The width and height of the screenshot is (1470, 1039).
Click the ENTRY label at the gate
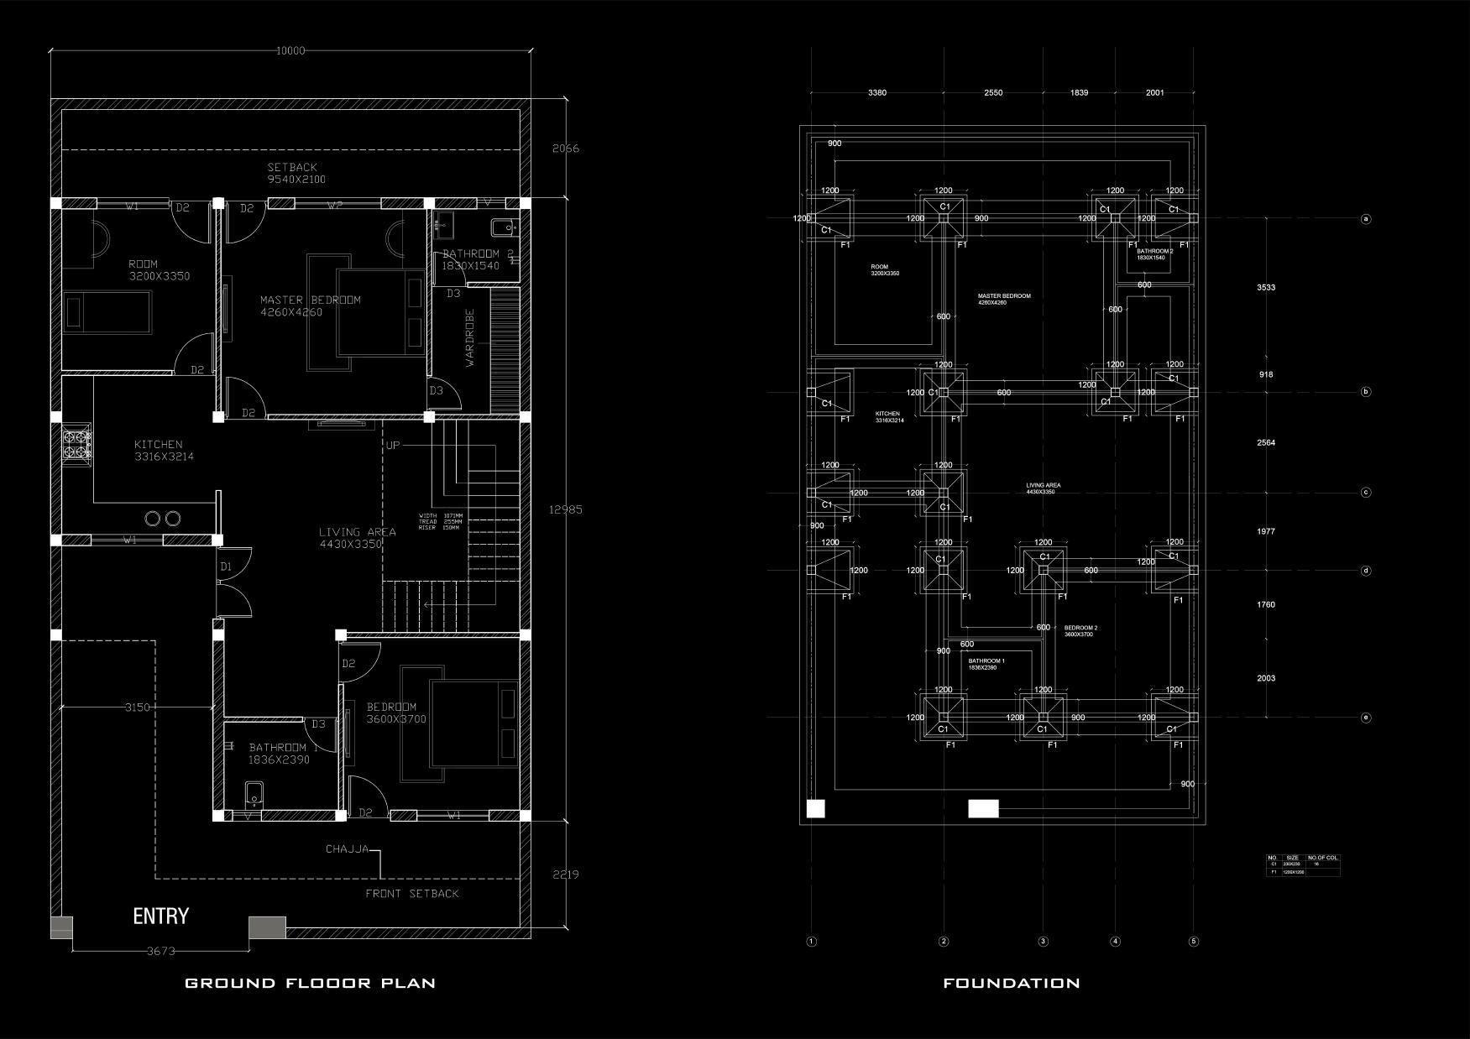coord(160,916)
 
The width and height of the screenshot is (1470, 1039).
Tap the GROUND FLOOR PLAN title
coord(310,983)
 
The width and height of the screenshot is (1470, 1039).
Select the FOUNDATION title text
coord(1011,983)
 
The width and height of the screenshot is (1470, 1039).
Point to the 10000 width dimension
coord(290,50)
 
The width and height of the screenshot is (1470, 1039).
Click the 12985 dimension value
coord(566,509)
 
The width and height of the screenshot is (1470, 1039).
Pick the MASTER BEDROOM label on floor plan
coord(310,300)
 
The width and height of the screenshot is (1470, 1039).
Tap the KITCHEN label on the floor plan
coord(158,444)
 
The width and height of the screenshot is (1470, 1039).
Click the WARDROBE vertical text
coord(470,337)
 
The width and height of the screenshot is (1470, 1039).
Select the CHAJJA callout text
coord(347,848)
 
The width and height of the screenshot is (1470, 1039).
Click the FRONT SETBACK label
coord(412,894)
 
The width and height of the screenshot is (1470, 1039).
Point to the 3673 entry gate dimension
coord(161,951)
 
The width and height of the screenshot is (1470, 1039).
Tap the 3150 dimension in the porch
coord(138,707)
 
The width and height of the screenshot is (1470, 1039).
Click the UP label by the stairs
coord(393,445)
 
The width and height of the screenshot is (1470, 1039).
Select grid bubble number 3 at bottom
coord(1044,942)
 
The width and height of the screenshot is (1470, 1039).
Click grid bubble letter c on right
coord(1366,493)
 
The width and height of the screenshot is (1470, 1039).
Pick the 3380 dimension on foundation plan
coord(876,92)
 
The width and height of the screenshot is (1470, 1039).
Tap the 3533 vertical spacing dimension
coord(1266,288)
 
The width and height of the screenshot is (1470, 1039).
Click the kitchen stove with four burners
coord(76,444)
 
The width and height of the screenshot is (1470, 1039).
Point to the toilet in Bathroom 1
coord(254,792)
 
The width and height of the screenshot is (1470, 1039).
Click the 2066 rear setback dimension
coord(565,149)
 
